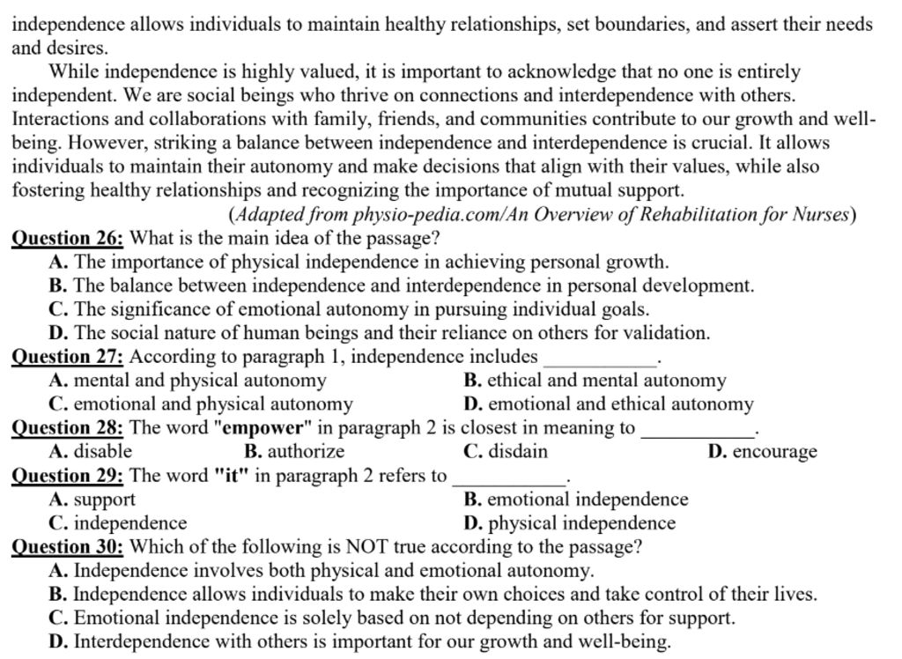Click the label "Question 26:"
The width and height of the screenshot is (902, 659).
(x=68, y=238)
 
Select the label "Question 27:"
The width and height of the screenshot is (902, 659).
(x=68, y=357)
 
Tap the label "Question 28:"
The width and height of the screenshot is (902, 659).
(x=68, y=428)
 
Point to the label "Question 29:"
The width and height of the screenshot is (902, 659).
(x=68, y=476)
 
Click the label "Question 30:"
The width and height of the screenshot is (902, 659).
(x=68, y=547)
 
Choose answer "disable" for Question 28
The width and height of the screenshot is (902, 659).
(x=102, y=452)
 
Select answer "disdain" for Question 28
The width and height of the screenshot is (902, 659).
(x=516, y=452)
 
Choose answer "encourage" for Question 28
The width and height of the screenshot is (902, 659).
(x=774, y=452)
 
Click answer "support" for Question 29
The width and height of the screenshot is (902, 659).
(x=104, y=500)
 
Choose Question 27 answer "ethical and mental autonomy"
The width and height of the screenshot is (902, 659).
(x=606, y=381)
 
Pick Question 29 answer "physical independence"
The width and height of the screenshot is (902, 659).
(x=581, y=523)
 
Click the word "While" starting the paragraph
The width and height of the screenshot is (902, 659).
(x=73, y=71)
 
